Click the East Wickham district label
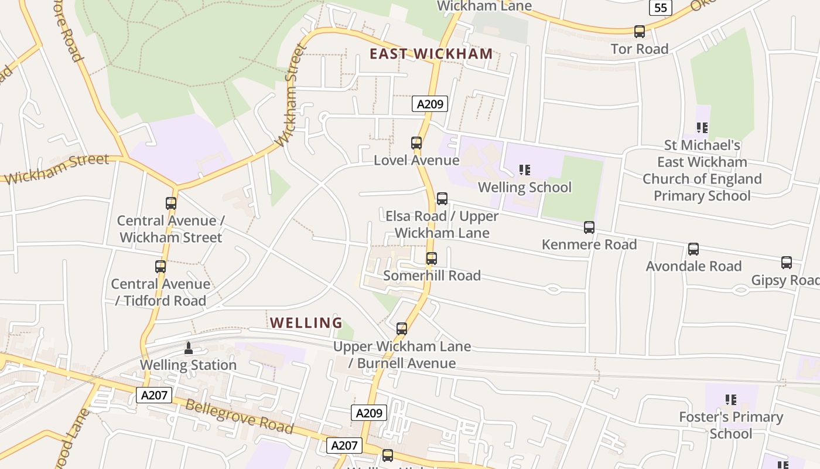pos(431,54)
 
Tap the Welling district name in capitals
pos(306,322)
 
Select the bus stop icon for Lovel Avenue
pos(416,143)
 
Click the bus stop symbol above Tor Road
pos(640,32)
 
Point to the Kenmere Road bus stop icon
pos(589,227)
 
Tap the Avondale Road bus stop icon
pos(693,249)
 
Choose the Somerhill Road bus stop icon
pos(432,259)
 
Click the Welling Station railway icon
pos(188,348)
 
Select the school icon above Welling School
pos(525,170)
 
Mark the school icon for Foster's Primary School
pos(731,400)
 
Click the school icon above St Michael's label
pos(702,127)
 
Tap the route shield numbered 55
pos(660,8)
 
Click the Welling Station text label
pos(188,365)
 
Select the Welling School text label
pos(525,187)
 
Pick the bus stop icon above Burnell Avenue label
pos(402,329)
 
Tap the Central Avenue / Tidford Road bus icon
pos(160,267)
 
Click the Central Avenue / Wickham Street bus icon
pos(171,203)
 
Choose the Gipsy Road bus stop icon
pos(787,263)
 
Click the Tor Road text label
pos(640,49)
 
